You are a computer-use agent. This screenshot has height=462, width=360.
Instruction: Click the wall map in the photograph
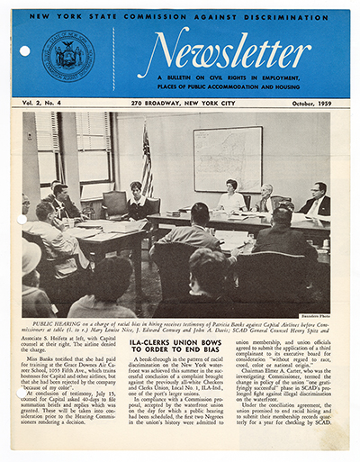point(228,159)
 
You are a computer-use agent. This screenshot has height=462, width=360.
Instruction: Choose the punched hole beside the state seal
point(24,51)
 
